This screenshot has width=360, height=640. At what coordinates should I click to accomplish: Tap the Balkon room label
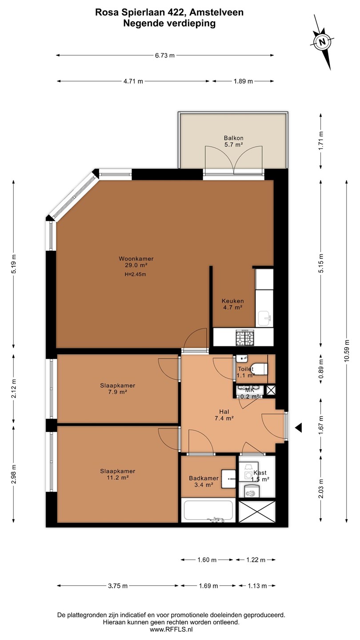[233, 141]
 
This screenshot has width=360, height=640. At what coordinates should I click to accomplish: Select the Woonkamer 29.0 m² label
[136, 262]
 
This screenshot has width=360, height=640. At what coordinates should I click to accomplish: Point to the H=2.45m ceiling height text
[136, 275]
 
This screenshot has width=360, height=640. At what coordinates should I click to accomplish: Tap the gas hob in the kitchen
[244, 337]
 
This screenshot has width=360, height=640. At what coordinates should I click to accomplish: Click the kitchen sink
[264, 319]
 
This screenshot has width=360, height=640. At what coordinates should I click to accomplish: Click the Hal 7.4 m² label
[224, 415]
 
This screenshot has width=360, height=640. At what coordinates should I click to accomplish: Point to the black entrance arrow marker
[298, 428]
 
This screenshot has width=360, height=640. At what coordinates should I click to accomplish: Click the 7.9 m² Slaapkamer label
[117, 388]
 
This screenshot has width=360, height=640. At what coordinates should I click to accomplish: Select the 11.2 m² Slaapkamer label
[117, 474]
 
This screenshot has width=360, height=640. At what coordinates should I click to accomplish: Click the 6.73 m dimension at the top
[164, 56]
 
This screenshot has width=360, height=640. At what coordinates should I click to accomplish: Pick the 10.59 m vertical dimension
[347, 351]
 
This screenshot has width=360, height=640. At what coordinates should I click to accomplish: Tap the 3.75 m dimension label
[118, 586]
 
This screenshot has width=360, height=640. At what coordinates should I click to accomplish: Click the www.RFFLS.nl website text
[172, 629]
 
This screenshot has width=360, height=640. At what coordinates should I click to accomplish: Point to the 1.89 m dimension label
[243, 81]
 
